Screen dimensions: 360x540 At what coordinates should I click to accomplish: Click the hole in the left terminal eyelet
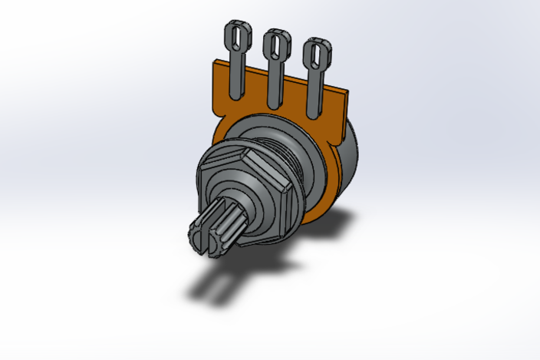236,37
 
